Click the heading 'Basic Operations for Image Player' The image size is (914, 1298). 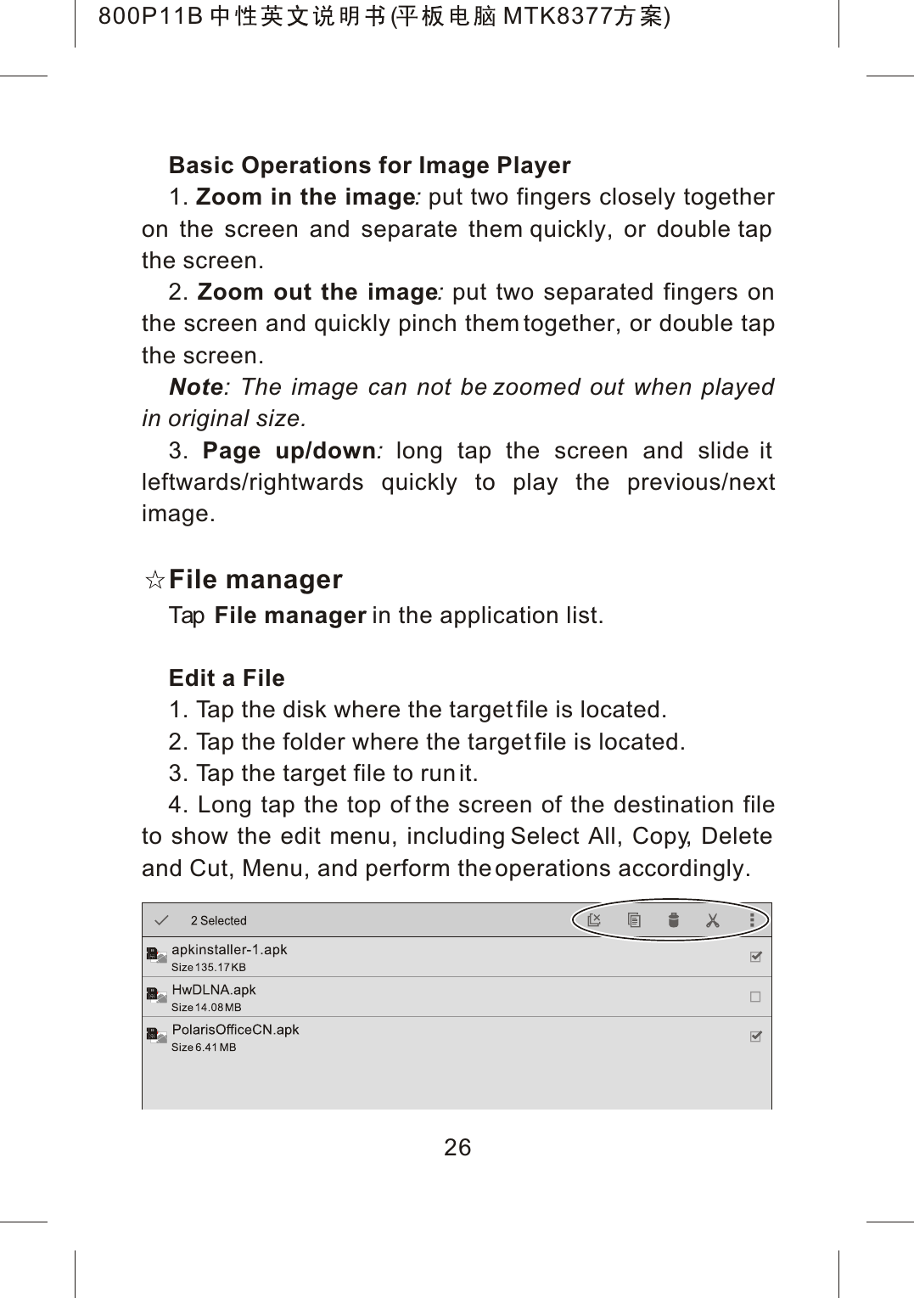point(369,165)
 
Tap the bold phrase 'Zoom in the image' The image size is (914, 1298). point(305,197)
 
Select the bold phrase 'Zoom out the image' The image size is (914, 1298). point(317,292)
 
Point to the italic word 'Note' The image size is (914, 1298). point(196,387)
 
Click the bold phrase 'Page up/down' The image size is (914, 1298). point(289,451)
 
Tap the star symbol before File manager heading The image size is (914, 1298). point(154,581)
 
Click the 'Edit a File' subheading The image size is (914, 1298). point(227,678)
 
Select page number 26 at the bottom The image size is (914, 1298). point(457,1148)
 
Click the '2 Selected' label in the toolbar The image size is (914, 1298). point(218,921)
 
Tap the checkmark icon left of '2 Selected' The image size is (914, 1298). point(161,920)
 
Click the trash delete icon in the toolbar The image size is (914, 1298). point(673,920)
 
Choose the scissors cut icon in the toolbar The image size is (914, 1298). point(712,920)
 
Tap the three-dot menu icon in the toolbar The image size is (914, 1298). point(752,920)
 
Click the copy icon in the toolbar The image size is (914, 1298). point(634,920)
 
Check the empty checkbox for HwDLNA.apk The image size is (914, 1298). point(755,997)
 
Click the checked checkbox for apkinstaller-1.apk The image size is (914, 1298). point(755,957)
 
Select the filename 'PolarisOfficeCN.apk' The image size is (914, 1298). point(235,1030)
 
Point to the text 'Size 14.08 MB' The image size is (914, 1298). point(206,1008)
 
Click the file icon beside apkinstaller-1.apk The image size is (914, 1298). point(155,955)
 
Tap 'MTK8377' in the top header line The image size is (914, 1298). point(555,16)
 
